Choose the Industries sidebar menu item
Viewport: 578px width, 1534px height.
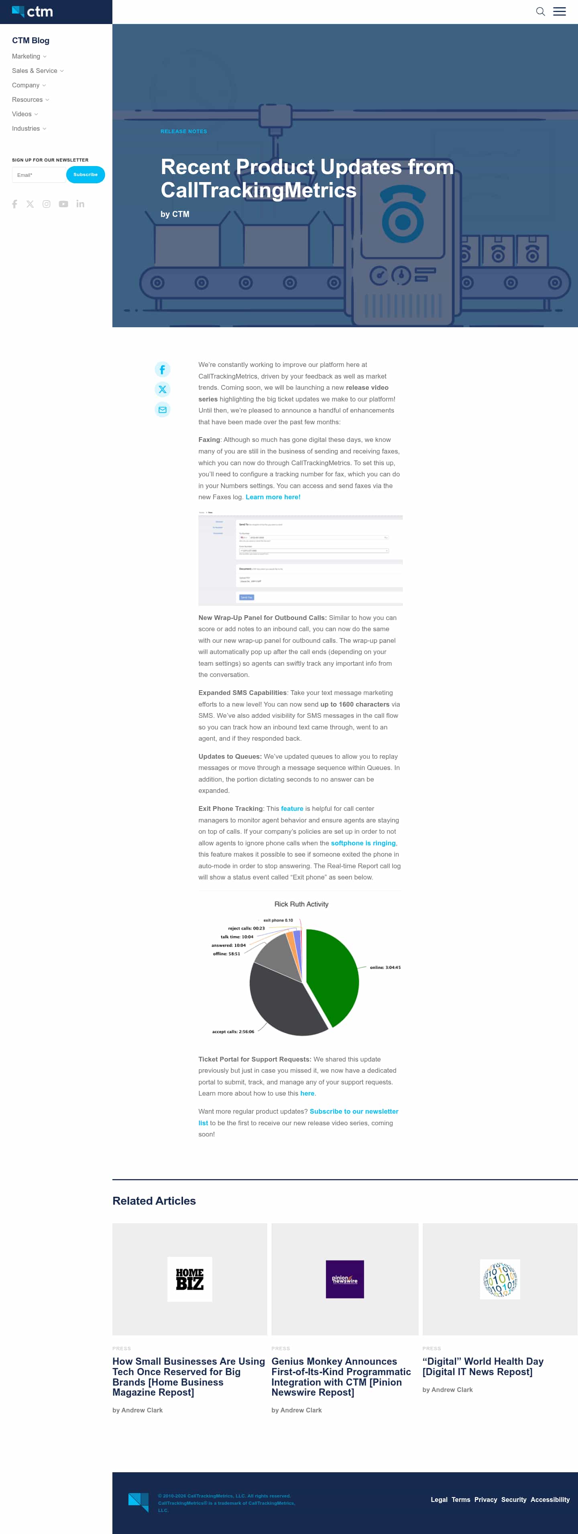tap(26, 129)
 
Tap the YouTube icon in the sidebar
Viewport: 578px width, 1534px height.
tap(63, 204)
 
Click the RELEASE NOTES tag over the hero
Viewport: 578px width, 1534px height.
tap(183, 132)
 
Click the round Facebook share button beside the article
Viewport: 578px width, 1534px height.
tap(162, 370)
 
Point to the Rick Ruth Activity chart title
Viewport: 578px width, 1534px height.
tap(301, 904)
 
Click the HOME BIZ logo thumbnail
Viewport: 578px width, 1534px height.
tap(189, 1279)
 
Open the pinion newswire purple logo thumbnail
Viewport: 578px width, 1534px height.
tap(344, 1279)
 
